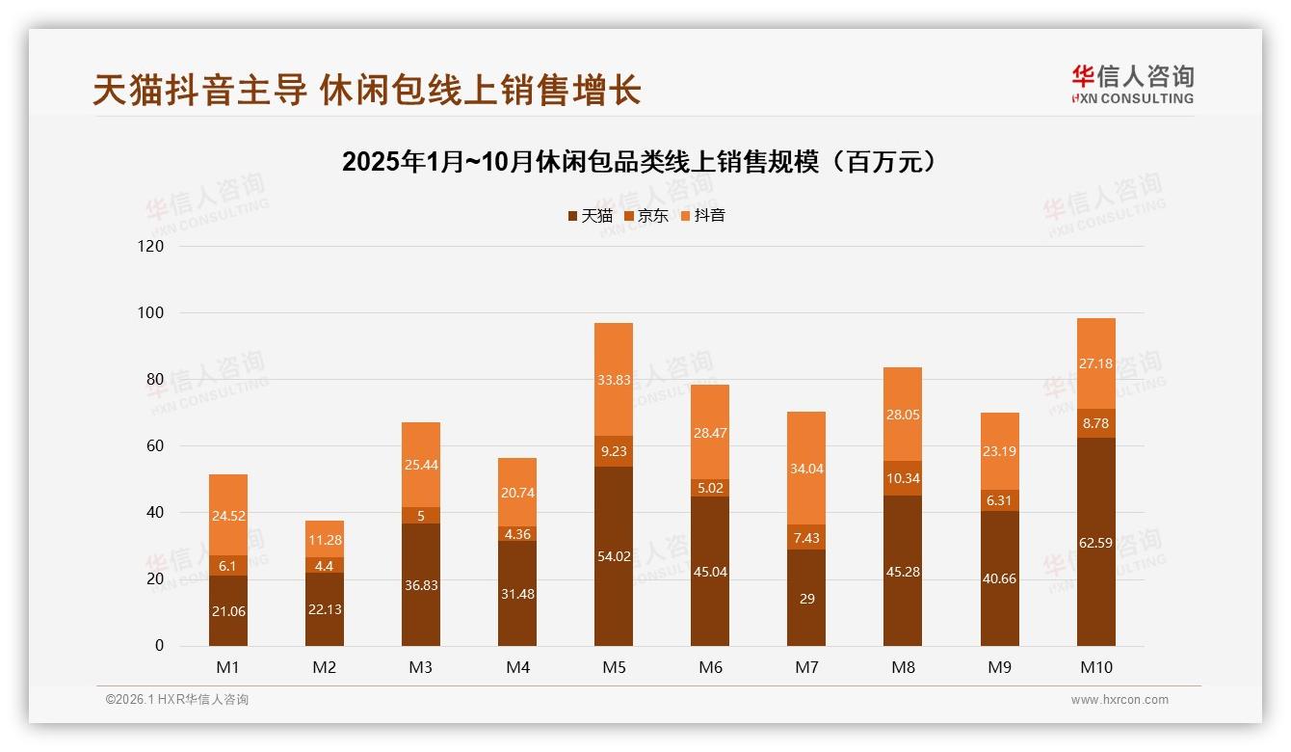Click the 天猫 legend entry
click(x=590, y=216)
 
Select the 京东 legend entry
click(x=646, y=216)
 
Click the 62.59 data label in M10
click(x=1096, y=543)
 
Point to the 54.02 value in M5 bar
click(x=614, y=556)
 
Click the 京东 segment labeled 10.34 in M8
click(x=903, y=478)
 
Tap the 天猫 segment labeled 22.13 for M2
click(x=325, y=609)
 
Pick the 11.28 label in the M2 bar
click(x=325, y=539)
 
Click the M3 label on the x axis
click(x=421, y=667)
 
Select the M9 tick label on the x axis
click(x=999, y=667)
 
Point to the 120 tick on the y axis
click(x=151, y=247)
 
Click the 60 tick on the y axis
click(x=154, y=446)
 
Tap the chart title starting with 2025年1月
click(x=640, y=162)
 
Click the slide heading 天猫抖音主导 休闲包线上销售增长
click(x=367, y=91)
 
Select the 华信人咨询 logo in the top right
click(x=1132, y=84)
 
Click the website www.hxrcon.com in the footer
click(x=1120, y=700)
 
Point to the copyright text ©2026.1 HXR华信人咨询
click(x=177, y=700)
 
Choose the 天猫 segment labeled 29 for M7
click(x=806, y=598)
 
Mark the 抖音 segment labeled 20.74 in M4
click(x=517, y=493)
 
